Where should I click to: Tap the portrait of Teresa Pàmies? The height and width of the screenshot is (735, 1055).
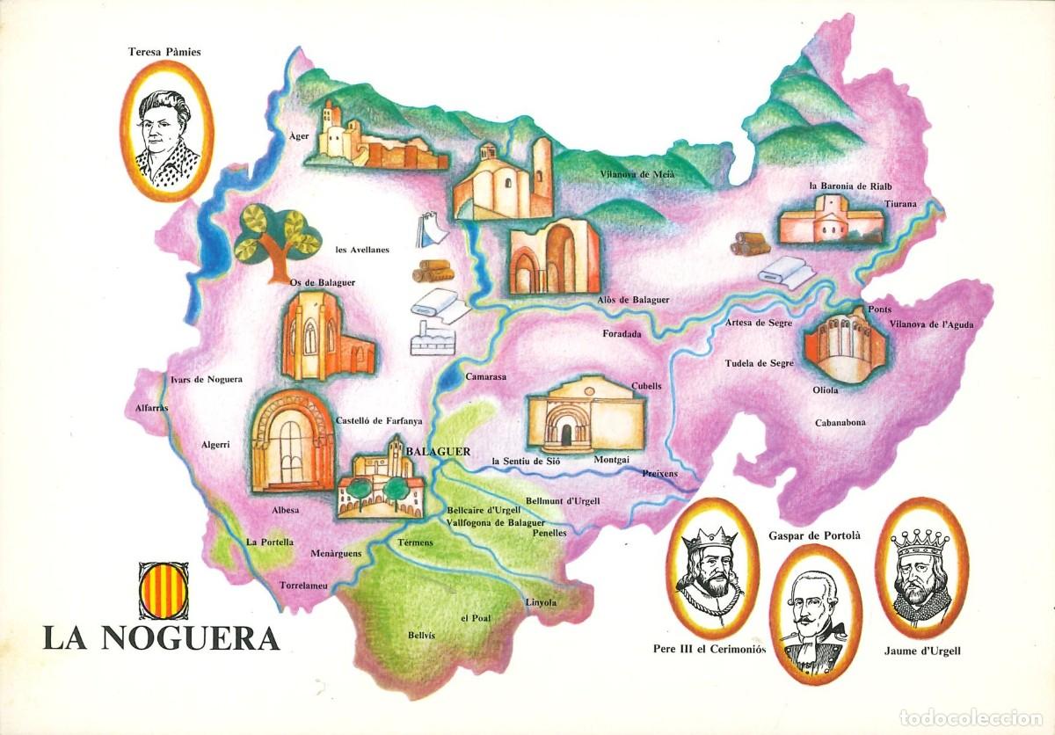click(167, 132)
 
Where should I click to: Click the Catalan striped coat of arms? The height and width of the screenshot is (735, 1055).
click(163, 590)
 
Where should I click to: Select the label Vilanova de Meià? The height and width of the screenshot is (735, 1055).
click(637, 174)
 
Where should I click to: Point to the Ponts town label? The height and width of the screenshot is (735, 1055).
click(879, 309)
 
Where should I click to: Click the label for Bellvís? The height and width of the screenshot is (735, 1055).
click(421, 635)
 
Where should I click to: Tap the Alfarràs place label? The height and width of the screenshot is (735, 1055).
click(146, 407)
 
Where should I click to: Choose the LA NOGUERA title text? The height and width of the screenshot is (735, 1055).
click(161, 637)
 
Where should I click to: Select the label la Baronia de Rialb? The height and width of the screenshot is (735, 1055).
click(845, 186)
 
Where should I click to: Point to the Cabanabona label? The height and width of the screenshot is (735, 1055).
click(840, 422)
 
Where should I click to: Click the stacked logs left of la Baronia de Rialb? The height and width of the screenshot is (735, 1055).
click(749, 243)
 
